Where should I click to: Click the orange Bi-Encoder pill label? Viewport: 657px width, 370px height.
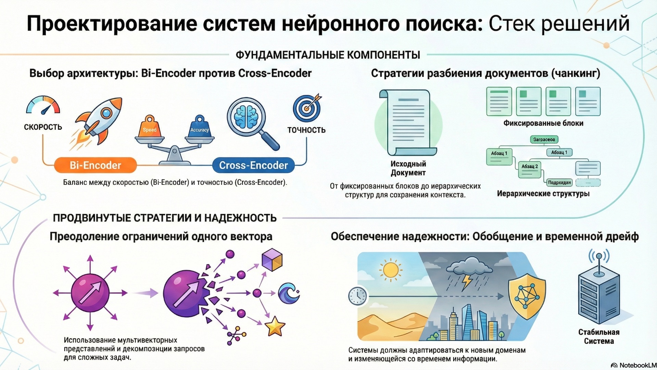pyautogui.click(x=95, y=165)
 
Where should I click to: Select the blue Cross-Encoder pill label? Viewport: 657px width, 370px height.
pyautogui.click(x=253, y=165)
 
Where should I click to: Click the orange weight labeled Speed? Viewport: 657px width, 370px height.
pyautogui.click(x=150, y=128)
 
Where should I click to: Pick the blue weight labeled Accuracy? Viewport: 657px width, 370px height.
pyautogui.click(x=199, y=128)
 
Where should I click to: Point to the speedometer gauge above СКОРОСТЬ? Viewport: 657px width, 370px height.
pyautogui.click(x=43, y=105)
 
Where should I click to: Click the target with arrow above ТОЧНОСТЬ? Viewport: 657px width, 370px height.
pyautogui.click(x=307, y=108)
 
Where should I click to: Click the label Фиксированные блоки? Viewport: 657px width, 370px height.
pyautogui.click(x=543, y=123)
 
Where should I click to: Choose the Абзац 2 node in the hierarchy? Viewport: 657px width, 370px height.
pyautogui.click(x=529, y=167)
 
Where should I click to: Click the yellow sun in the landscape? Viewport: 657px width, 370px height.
pyautogui.click(x=391, y=270)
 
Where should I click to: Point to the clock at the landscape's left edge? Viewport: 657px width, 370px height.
pyautogui.click(x=357, y=296)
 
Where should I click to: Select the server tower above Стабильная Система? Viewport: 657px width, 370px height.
pyautogui.click(x=598, y=295)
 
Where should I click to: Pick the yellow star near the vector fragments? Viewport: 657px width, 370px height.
pyautogui.click(x=275, y=326)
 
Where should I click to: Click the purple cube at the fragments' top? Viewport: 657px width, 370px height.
pyautogui.click(x=272, y=260)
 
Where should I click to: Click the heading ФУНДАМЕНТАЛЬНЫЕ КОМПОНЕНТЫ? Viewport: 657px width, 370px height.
pyautogui.click(x=328, y=55)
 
